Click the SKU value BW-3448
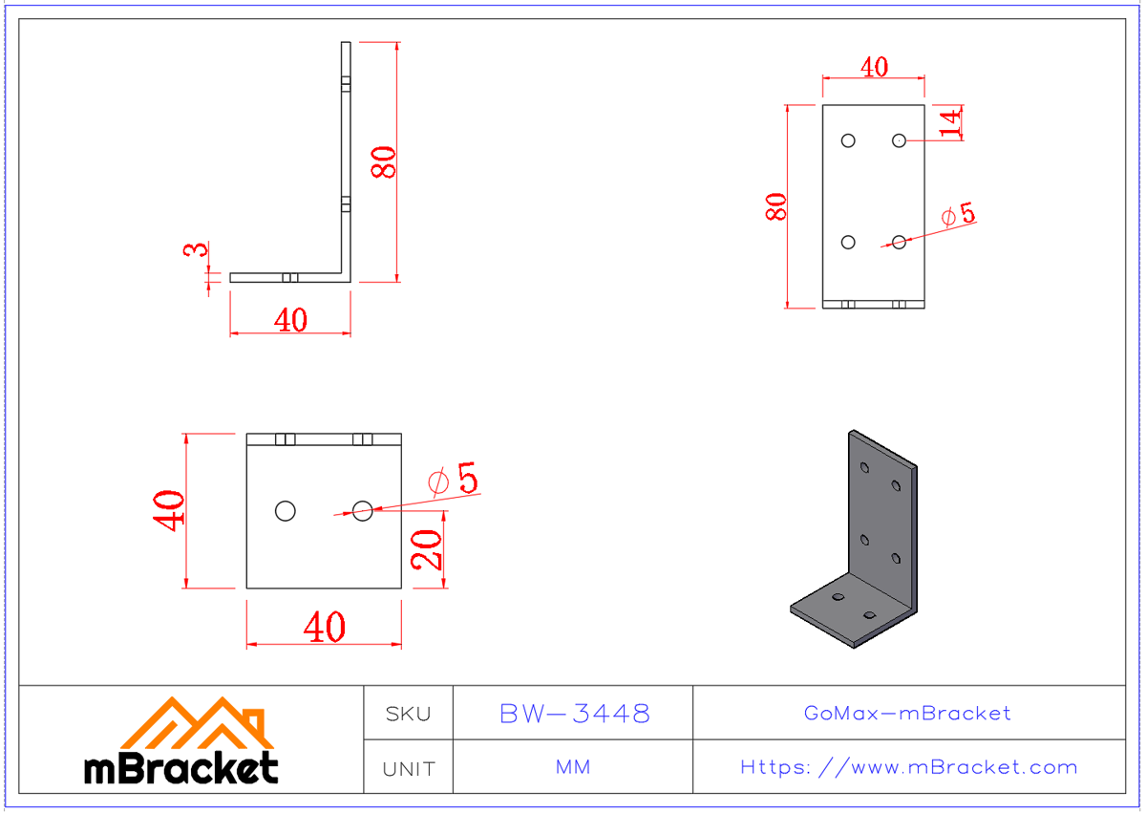click(x=574, y=714)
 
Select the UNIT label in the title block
click(x=409, y=768)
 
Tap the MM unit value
click(x=573, y=768)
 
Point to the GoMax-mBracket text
click(x=907, y=714)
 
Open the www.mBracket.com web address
click(x=908, y=767)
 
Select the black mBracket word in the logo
click(x=181, y=767)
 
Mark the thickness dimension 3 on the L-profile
click(x=195, y=250)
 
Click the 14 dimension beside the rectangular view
click(x=949, y=122)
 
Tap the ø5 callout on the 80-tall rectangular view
click(x=958, y=215)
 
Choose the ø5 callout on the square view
click(x=454, y=480)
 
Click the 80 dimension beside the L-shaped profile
click(x=384, y=162)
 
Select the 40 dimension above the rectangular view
click(x=874, y=67)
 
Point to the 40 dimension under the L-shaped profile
click(x=290, y=320)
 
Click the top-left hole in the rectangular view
click(x=848, y=140)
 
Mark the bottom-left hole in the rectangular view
click(x=848, y=242)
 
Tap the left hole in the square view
click(x=285, y=511)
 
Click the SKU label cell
click(x=409, y=714)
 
